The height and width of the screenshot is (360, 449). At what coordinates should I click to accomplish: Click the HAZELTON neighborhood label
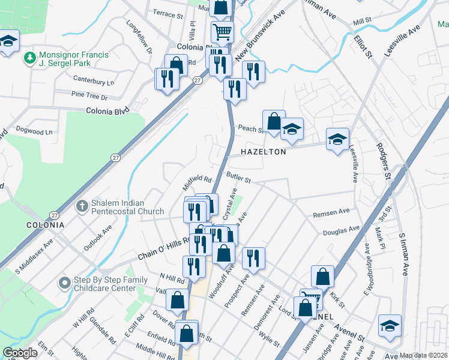(263, 152)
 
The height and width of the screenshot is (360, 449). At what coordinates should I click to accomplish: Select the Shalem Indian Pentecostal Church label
(127, 207)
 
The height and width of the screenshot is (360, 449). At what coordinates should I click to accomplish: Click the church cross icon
(83, 206)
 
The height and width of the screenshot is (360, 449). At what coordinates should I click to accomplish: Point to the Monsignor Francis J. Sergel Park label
(74, 59)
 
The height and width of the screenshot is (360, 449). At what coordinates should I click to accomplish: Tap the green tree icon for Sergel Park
(28, 58)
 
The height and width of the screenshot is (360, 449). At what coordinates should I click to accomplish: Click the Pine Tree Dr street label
(89, 96)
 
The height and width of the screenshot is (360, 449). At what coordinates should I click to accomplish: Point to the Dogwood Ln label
(34, 132)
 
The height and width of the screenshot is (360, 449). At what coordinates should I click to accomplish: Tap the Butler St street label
(238, 176)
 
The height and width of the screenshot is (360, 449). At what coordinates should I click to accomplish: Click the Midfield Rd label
(198, 179)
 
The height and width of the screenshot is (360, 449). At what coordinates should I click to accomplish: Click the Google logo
(20, 353)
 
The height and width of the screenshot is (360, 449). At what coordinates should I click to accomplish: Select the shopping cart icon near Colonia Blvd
(221, 31)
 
